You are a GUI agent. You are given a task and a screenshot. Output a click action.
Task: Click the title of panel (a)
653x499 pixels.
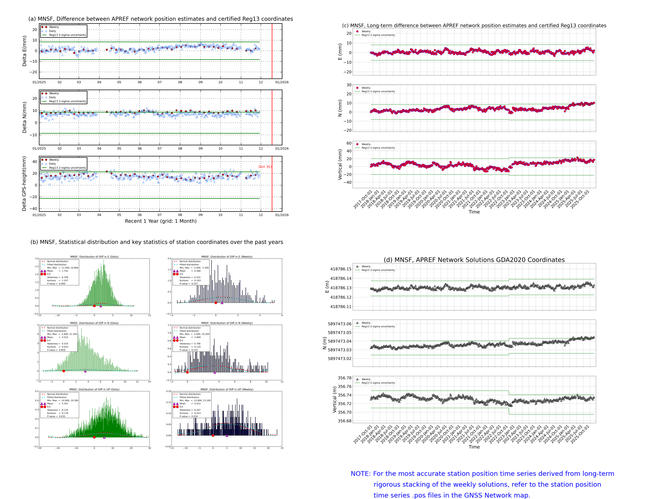coord(160,19)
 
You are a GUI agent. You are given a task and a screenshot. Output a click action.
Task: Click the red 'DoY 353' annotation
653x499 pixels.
coord(265,167)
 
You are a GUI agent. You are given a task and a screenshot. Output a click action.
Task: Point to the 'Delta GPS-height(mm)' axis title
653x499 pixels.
coord(24,183)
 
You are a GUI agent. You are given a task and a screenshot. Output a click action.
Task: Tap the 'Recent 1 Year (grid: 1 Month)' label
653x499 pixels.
coord(160,221)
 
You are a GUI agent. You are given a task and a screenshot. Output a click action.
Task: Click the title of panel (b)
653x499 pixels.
coord(157,242)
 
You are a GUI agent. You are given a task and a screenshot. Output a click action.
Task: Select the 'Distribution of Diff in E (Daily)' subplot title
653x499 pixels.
coord(94,257)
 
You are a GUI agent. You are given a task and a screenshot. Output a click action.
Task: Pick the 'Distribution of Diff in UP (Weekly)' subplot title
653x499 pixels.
coord(227,389)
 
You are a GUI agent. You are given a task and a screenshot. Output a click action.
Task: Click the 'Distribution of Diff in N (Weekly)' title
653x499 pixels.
coord(227,323)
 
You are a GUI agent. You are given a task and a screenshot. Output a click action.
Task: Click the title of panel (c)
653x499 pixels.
coord(474,25)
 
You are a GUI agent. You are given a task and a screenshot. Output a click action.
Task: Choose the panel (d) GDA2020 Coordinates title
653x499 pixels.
coord(474,260)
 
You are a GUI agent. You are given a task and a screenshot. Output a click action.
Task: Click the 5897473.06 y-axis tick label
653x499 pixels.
coord(339,324)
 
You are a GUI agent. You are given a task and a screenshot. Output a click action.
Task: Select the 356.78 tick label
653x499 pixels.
coord(344,378)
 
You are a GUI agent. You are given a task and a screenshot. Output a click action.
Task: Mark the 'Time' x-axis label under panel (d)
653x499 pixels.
coord(474,447)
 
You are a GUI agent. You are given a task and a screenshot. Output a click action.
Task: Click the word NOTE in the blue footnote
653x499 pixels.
coord(360,474)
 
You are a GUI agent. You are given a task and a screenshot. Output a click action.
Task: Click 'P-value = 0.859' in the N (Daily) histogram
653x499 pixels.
coord(56,350)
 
